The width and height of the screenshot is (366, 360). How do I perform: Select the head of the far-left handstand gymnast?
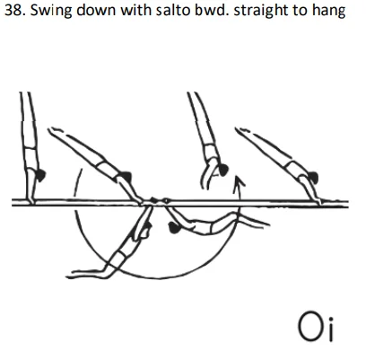click(37, 171)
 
